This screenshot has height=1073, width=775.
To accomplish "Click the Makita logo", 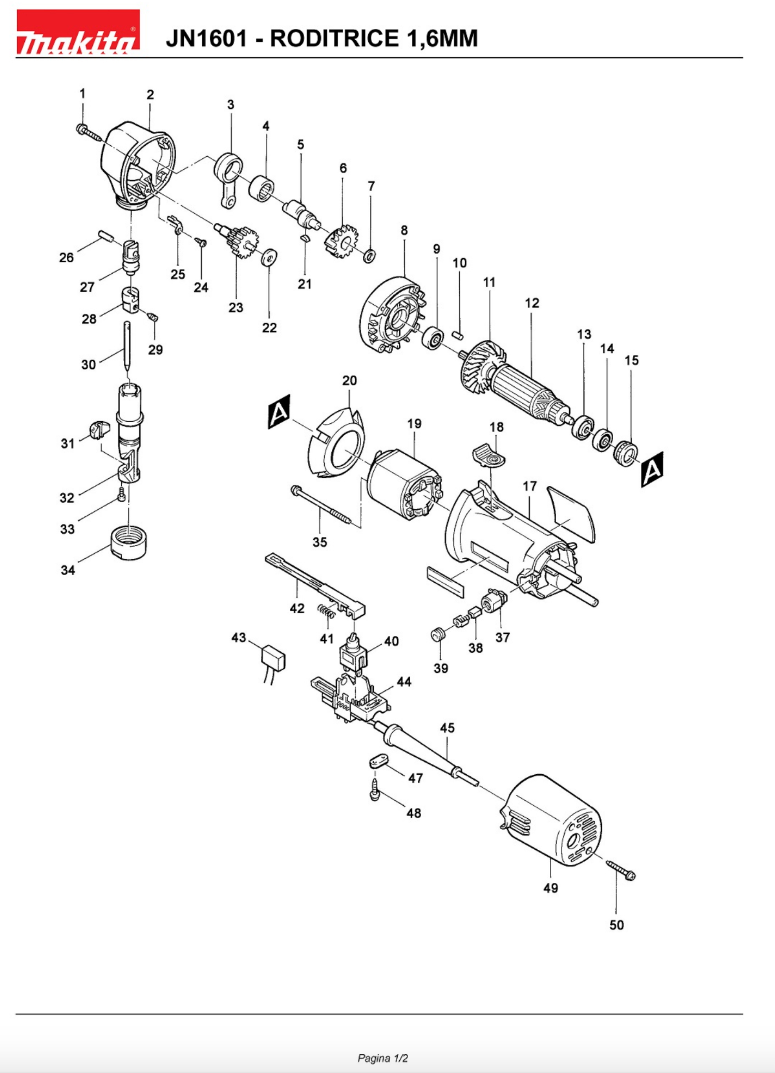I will click(x=78, y=32).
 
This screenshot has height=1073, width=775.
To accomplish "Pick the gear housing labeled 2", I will click(x=140, y=163).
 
